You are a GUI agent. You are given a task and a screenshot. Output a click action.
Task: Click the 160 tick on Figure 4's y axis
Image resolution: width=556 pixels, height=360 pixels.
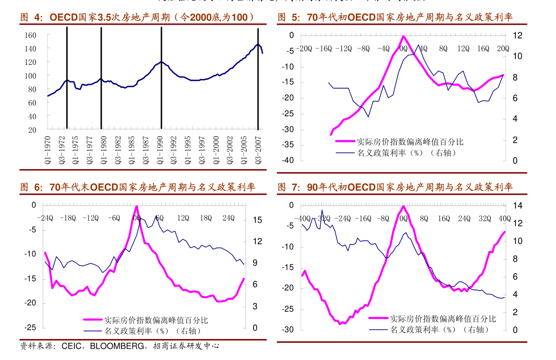point(30,35)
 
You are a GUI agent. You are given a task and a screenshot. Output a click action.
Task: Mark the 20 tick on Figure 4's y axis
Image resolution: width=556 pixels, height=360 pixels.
point(32,130)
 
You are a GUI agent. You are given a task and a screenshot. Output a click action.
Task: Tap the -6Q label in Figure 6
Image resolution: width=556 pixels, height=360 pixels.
point(114,218)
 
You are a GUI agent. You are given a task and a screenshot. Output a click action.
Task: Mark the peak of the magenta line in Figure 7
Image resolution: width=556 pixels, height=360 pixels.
point(403,206)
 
